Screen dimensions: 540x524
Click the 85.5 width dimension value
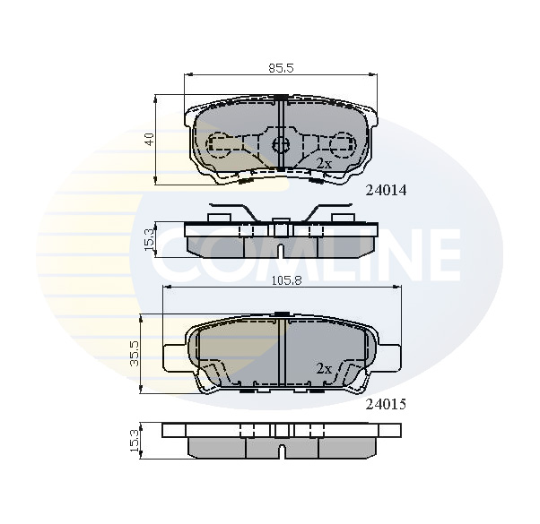tap(281, 68)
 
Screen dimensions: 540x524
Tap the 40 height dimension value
tap(150, 139)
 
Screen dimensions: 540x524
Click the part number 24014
tap(386, 190)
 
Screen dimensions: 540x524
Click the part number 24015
tap(386, 404)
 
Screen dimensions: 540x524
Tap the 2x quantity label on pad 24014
tap(324, 163)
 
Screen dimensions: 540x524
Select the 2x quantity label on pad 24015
tap(324, 369)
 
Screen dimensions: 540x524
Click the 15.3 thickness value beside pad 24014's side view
tap(150, 240)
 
